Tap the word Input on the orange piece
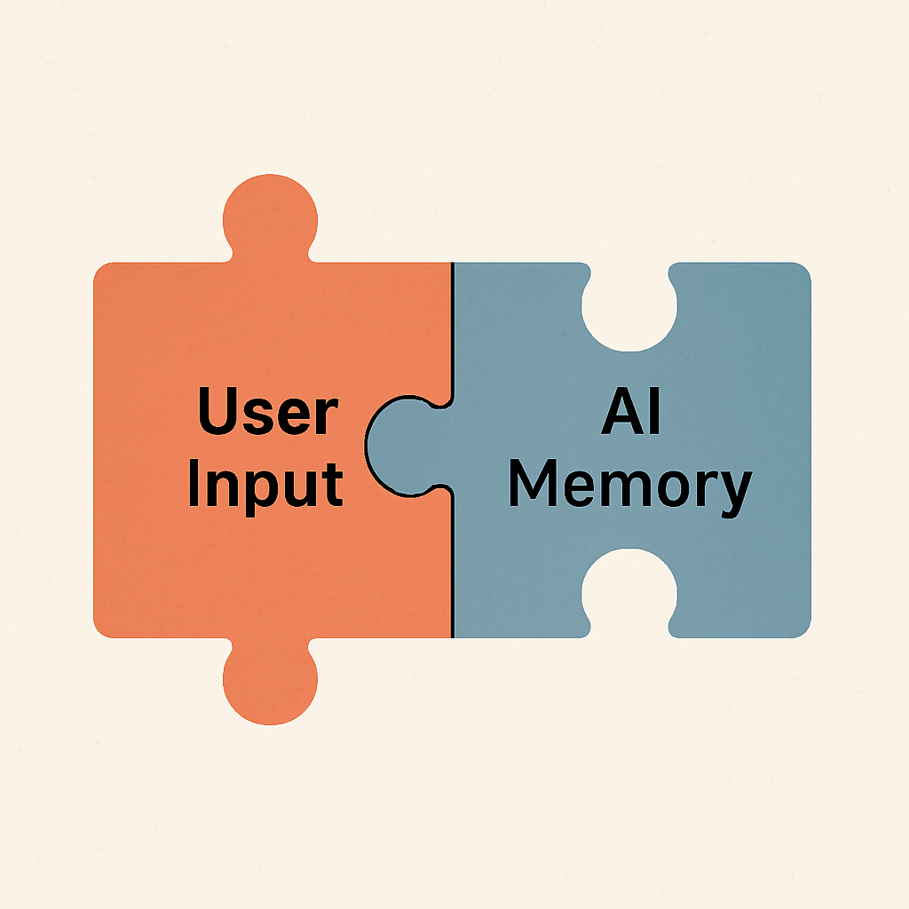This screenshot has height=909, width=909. pyautogui.click(x=265, y=484)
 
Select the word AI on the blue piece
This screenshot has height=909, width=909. pyautogui.click(x=631, y=413)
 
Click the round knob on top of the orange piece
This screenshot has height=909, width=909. pyautogui.click(x=271, y=217)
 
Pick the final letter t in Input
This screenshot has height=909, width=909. pyautogui.click(x=334, y=484)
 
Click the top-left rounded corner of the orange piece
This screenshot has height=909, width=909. pyautogui.click(x=103, y=272)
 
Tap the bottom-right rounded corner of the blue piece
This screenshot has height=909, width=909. pyautogui.click(x=801, y=628)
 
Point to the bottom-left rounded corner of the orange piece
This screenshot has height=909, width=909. pyautogui.click(x=103, y=628)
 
